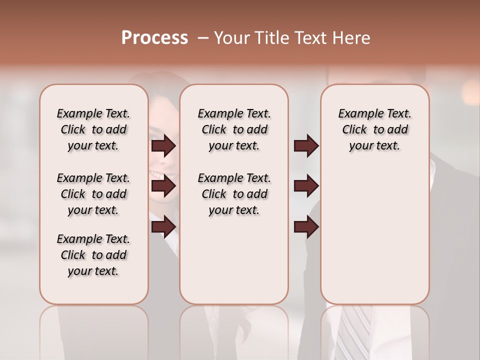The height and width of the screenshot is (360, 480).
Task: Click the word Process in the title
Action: pos(154,38)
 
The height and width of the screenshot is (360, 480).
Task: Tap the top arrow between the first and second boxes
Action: pos(163,146)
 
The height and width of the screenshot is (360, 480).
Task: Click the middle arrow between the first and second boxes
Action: pos(163,186)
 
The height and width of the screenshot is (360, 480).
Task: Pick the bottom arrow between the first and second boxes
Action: pos(163,227)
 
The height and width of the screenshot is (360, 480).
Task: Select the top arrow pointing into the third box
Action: pos(306,146)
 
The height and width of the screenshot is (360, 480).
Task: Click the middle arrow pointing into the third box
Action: pos(306,186)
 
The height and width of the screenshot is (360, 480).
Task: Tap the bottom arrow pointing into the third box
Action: pos(306,227)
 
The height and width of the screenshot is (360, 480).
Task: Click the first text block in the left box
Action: pos(93,129)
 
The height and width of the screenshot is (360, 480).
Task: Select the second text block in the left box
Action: pos(93,194)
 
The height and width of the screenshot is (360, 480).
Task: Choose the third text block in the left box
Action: pos(93,255)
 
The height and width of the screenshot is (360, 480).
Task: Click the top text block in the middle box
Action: pos(234,129)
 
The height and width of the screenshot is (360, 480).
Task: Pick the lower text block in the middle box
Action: pos(234,194)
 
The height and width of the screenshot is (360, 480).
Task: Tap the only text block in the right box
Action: pos(374,129)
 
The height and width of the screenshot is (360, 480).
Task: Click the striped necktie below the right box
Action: pos(355,330)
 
